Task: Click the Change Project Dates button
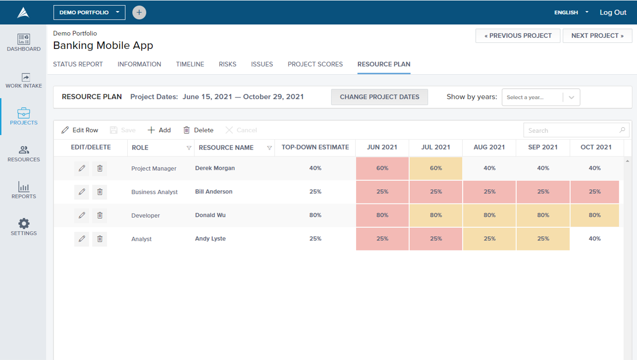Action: [x=379, y=97]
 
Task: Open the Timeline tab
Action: [x=190, y=64]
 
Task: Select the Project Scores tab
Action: [x=315, y=64]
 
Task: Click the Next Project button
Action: [x=597, y=36]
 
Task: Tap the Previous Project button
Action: [x=518, y=36]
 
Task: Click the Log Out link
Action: [x=613, y=13]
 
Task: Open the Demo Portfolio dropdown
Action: [x=89, y=13]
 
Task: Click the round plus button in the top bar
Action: [x=139, y=13]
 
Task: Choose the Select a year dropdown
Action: [x=541, y=97]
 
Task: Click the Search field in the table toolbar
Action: [x=576, y=130]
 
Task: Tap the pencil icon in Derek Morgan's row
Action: [x=82, y=168]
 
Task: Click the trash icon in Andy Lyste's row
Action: [x=100, y=239]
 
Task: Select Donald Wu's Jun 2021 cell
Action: [x=382, y=215]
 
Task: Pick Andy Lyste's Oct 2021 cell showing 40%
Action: [x=595, y=239]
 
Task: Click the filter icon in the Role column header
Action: [x=189, y=148]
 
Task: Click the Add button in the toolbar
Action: [x=159, y=130]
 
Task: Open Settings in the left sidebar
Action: [x=24, y=227]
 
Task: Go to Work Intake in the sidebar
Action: [x=24, y=81]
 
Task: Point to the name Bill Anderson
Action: [x=214, y=191]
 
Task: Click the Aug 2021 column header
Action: [x=489, y=147]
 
